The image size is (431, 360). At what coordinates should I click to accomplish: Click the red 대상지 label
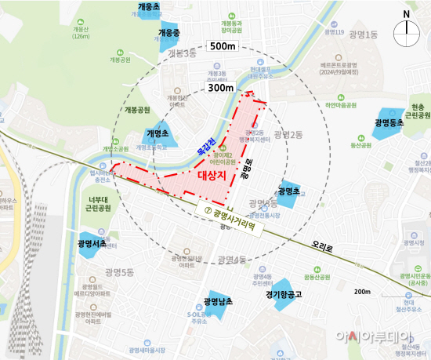(x=212, y=175)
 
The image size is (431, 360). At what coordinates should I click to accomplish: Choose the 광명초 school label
(x=288, y=191)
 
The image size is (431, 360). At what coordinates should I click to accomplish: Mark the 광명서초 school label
(x=92, y=245)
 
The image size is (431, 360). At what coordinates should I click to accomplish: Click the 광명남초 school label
(x=219, y=302)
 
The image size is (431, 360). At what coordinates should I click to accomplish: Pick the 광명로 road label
(x=244, y=166)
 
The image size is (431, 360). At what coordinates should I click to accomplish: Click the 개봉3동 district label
(x=186, y=53)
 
